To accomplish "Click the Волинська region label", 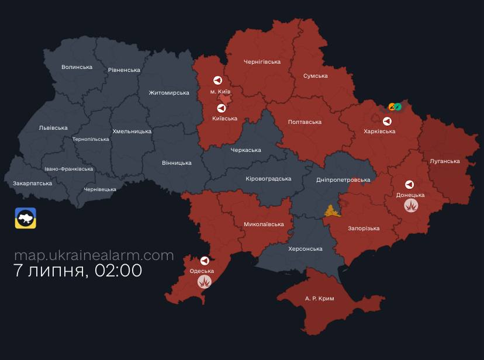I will click(77, 67).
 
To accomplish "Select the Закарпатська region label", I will click(32, 183).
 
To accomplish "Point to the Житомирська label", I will click(169, 93).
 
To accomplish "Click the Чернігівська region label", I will click(262, 61).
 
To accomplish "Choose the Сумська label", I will click(315, 76).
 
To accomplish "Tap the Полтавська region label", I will click(305, 122).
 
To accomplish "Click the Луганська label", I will click(444, 161).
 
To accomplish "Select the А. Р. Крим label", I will click(319, 298).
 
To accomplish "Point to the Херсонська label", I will click(305, 248).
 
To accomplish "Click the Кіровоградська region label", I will click(268, 178).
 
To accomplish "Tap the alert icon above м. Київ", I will click(217, 81).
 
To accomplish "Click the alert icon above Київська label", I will click(222, 108).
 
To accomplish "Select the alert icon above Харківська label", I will click(387, 121).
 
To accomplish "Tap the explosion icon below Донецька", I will click(412, 205).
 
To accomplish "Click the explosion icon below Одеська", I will click(204, 282).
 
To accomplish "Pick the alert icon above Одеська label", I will click(205, 261).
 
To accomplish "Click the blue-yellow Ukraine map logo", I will click(26, 218).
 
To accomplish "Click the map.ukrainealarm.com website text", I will click(94, 255).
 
